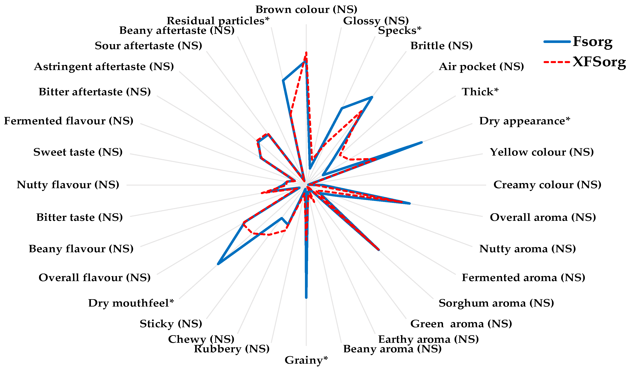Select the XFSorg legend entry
(x=599, y=62)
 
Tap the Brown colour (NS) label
(x=306, y=10)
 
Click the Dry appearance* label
(x=525, y=121)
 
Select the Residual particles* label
(x=218, y=21)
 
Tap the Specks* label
(x=399, y=30)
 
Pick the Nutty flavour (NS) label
(x=68, y=185)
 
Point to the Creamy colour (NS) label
(x=547, y=185)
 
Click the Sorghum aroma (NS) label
(x=496, y=303)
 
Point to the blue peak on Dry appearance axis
(x=422, y=142)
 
